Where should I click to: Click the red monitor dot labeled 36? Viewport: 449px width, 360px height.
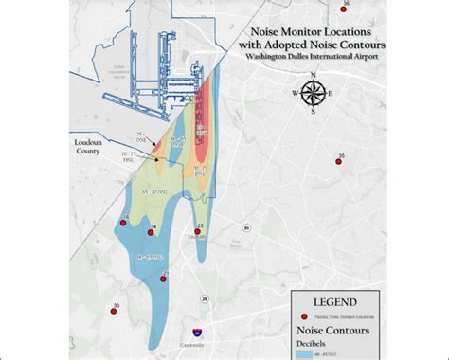click(343, 11)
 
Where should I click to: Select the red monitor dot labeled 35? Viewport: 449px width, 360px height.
click(338, 161)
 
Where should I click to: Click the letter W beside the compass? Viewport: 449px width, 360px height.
click(295, 93)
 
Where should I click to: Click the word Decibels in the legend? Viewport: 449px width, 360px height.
click(304, 342)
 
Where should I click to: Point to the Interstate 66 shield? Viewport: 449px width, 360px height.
click(196, 333)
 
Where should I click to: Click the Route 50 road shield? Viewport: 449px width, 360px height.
click(245, 228)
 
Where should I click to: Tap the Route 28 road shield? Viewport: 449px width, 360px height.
click(205, 298)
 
